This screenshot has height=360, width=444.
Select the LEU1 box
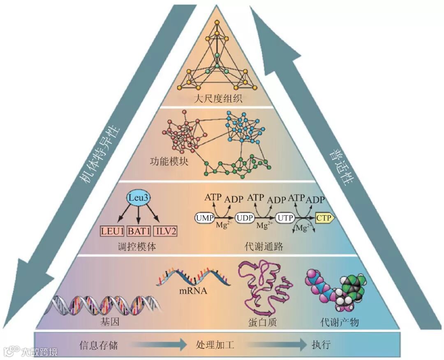pos(112,231)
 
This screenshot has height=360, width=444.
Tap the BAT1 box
pos(138,231)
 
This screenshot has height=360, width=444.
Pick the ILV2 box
pos(165,231)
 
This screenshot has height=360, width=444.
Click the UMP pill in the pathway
pos(205,217)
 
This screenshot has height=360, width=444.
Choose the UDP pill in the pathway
pos(245,217)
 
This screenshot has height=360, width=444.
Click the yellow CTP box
pos(325,217)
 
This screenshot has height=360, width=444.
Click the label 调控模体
pos(137,247)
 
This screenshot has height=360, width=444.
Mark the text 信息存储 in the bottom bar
pos(99,345)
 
